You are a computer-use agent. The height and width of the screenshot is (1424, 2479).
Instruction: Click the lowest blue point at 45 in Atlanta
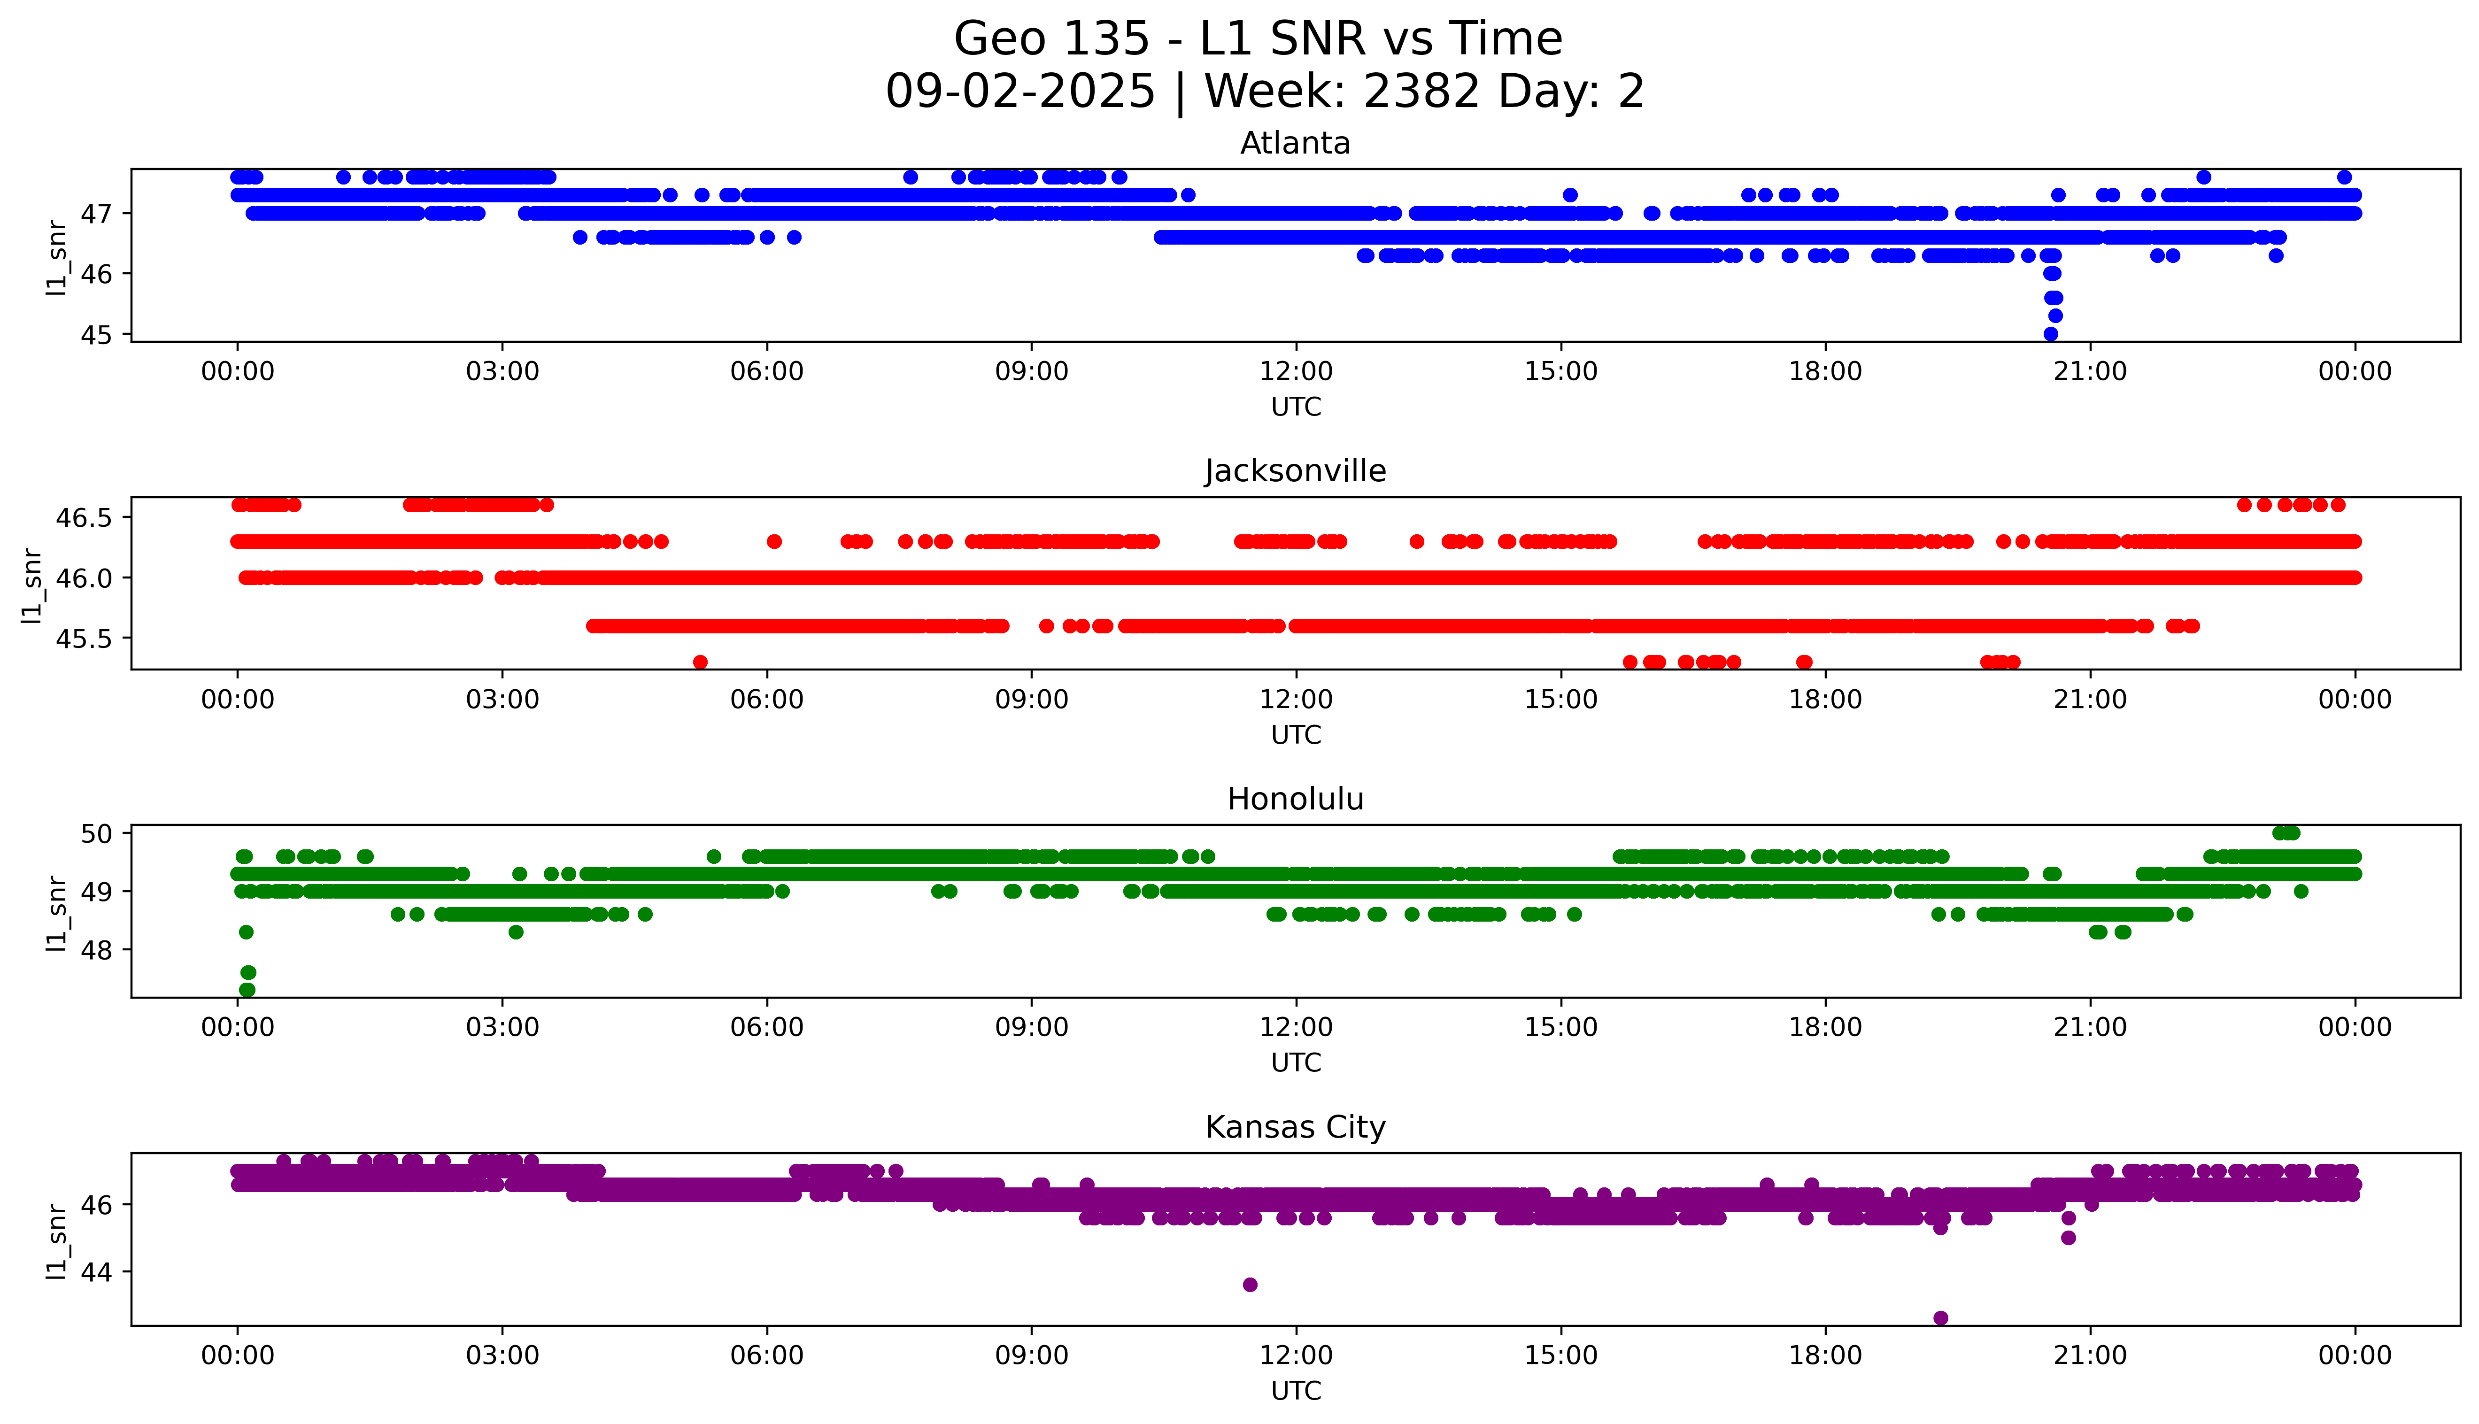2051,333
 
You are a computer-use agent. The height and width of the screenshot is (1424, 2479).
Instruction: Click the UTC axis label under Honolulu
1296,1062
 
